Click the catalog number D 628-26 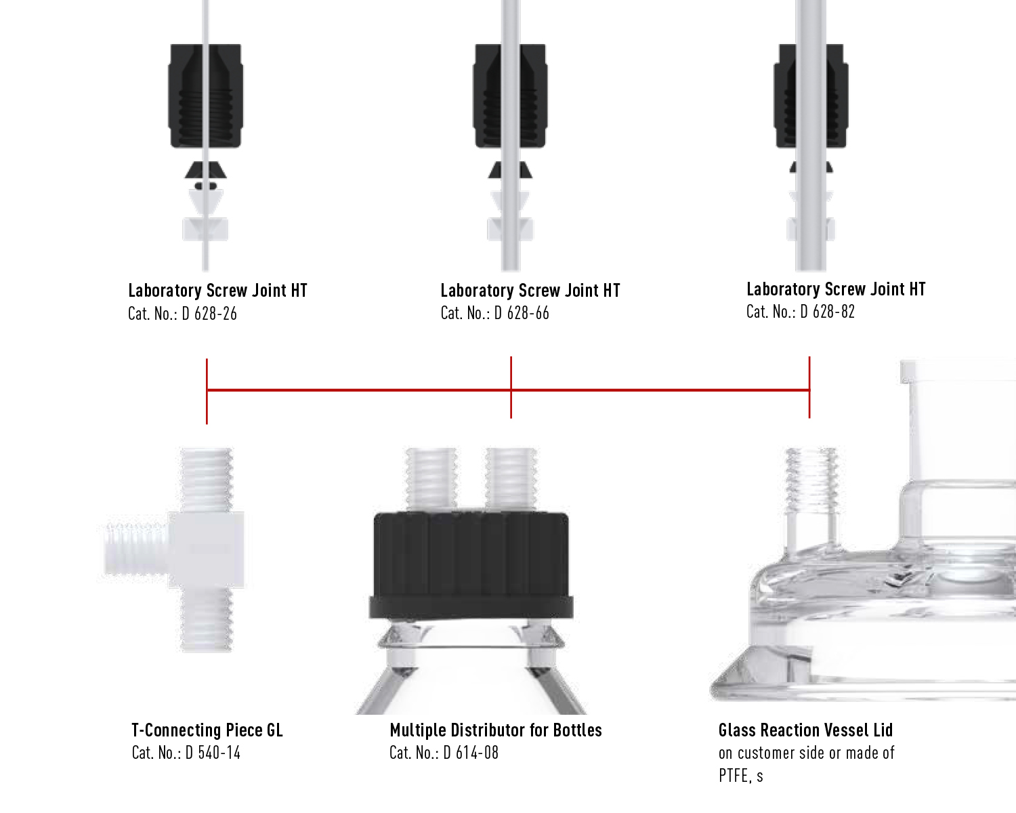(x=209, y=314)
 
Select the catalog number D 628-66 (x=522, y=313)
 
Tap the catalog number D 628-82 (x=828, y=312)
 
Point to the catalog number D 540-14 (x=213, y=753)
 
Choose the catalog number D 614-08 (x=471, y=753)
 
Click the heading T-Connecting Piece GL (x=207, y=730)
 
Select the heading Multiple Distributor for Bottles (x=496, y=730)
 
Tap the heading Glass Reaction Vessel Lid (x=805, y=730)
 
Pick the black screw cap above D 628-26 (x=206, y=96)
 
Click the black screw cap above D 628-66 (x=510, y=96)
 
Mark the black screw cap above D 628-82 (x=811, y=96)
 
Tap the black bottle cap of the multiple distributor (x=471, y=565)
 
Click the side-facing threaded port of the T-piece (x=136, y=549)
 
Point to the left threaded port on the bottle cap (x=431, y=480)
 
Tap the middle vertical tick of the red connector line (x=511, y=388)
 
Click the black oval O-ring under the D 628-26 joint (x=206, y=186)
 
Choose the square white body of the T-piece (x=207, y=549)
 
